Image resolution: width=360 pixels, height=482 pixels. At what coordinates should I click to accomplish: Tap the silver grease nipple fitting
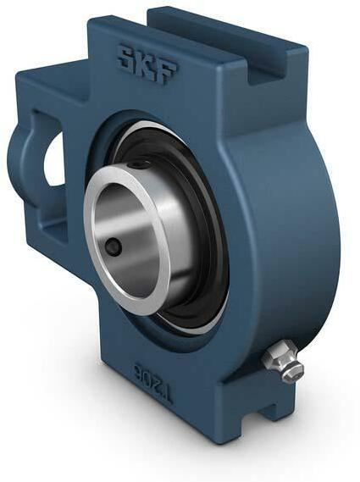[282, 360]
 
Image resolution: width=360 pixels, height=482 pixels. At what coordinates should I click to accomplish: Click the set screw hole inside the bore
[114, 246]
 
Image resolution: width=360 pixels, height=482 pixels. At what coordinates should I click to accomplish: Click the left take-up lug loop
[25, 161]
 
